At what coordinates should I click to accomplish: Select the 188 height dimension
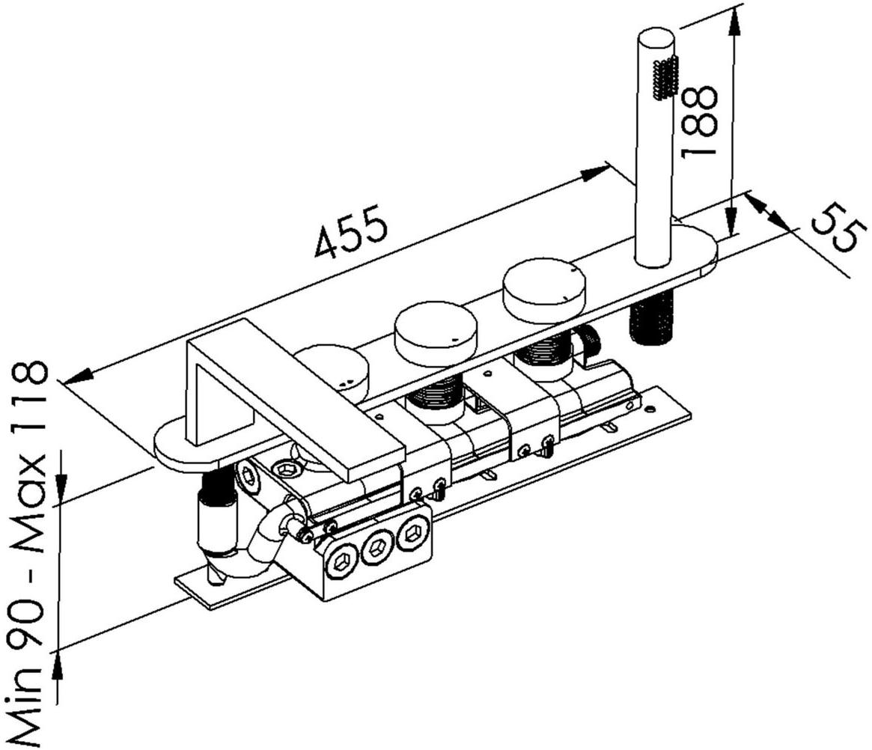(699, 120)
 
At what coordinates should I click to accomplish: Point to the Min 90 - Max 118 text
(30, 554)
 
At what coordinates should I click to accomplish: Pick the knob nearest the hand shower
(544, 290)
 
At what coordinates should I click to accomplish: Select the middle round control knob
(436, 332)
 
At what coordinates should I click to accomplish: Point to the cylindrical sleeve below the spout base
(216, 524)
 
